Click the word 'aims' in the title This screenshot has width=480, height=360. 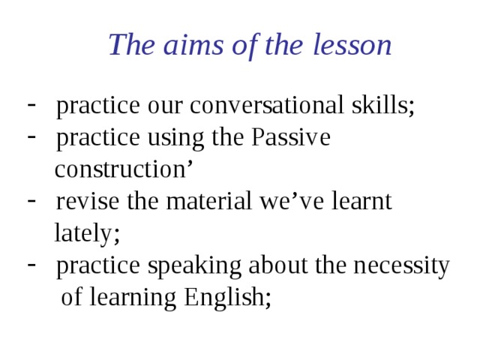point(181,46)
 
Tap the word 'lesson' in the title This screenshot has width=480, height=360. point(352,46)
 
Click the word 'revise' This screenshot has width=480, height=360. point(81,202)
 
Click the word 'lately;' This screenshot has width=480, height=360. point(87,234)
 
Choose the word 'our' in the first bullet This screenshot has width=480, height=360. point(164,107)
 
